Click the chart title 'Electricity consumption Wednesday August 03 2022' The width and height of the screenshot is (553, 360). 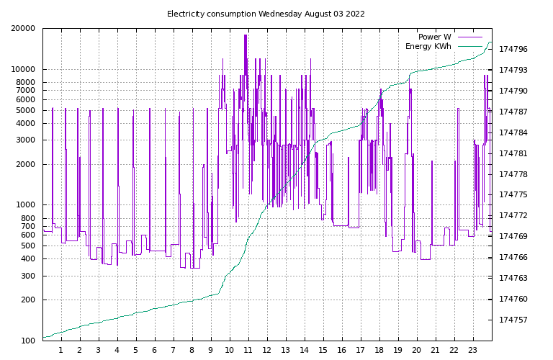coord(266,14)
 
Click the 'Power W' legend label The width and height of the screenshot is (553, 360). coord(434,37)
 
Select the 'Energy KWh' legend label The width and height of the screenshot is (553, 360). coord(428,46)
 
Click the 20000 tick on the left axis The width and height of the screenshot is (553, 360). coord(24,29)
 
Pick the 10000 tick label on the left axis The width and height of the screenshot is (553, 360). coord(24,70)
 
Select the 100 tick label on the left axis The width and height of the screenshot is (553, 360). coord(28,341)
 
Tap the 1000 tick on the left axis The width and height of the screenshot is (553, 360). coord(26,205)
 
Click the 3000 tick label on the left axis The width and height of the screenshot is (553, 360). coord(26,140)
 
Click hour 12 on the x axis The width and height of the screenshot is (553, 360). coord(267,351)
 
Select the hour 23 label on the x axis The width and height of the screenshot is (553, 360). coord(473,351)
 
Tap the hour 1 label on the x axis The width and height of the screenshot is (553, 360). coord(61,351)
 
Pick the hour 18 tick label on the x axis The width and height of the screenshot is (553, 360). coord(379,351)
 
